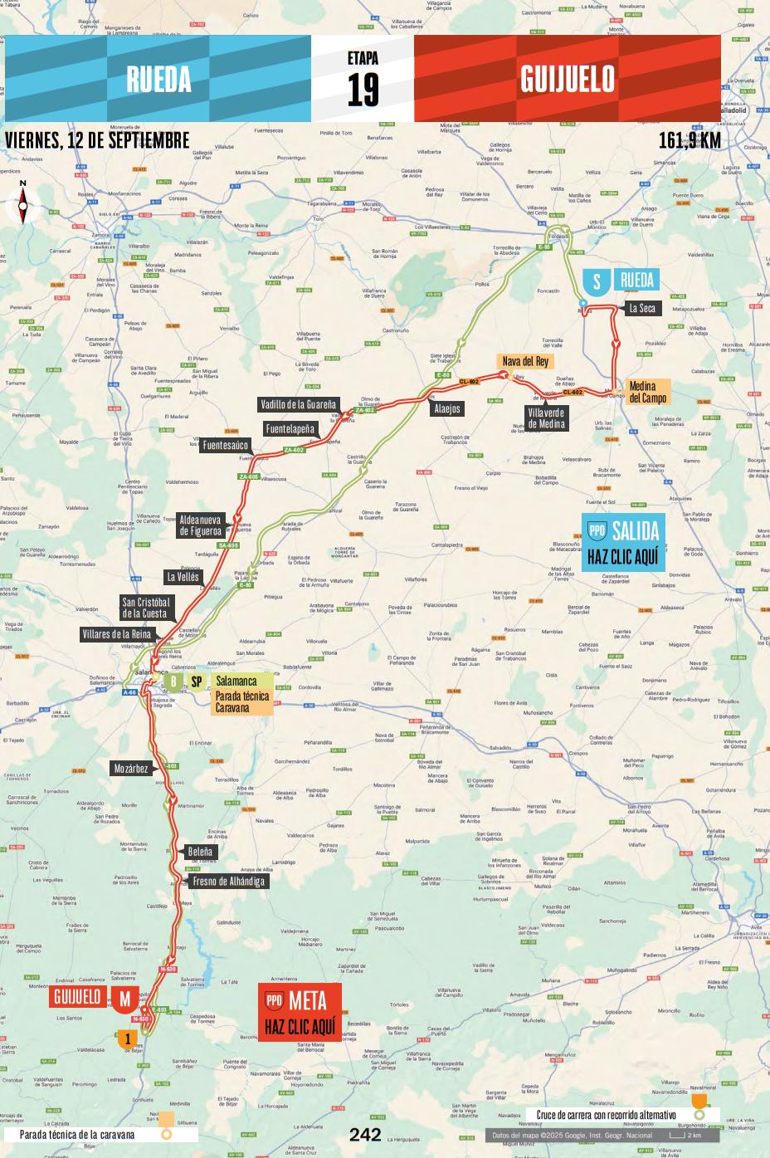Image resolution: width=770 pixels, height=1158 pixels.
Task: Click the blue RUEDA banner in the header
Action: pyautogui.click(x=158, y=79)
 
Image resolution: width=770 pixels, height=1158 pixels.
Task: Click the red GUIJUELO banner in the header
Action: pyautogui.click(x=568, y=79)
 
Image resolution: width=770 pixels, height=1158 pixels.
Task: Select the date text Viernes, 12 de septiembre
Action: pyautogui.click(x=97, y=140)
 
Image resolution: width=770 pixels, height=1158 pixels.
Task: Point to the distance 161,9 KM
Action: pyautogui.click(x=690, y=140)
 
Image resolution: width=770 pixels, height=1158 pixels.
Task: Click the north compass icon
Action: pyautogui.click(x=22, y=202)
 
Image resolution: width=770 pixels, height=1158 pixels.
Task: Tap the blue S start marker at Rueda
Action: pyautogui.click(x=596, y=282)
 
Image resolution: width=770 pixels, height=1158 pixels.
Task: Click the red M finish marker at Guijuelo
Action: pyautogui.click(x=124, y=999)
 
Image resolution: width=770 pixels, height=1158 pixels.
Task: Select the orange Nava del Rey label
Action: pyautogui.click(x=524, y=361)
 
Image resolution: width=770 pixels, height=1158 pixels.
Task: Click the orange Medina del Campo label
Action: pyautogui.click(x=643, y=392)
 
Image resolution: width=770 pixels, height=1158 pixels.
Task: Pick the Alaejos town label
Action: pyautogui.click(x=446, y=409)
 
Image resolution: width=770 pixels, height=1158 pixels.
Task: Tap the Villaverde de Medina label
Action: pyautogui.click(x=546, y=418)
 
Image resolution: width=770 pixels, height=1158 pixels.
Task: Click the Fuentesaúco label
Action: pyautogui.click(x=224, y=446)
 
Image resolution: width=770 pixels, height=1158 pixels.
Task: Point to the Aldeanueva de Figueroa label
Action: pyautogui.click(x=201, y=525)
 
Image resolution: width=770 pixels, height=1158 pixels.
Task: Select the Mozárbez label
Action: pyautogui.click(x=131, y=769)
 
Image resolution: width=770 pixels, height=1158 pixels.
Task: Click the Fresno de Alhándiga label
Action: pyautogui.click(x=228, y=881)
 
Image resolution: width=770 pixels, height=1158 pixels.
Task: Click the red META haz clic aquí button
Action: pyautogui.click(x=299, y=1013)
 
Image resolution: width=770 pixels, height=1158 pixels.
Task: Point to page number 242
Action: pyautogui.click(x=365, y=1135)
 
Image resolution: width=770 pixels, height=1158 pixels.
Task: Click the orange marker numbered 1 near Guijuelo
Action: pyautogui.click(x=127, y=1038)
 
